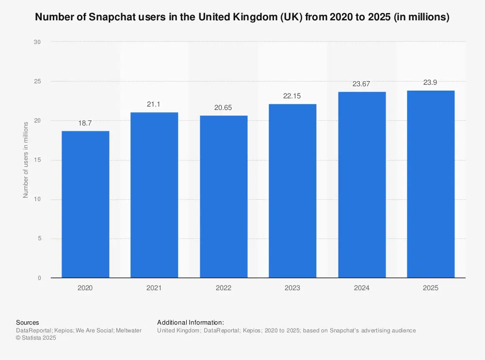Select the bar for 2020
pyautogui.click(x=85, y=204)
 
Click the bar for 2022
pyautogui.click(x=224, y=196)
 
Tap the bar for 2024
pyautogui.click(x=362, y=185)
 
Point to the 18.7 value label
pyautogui.click(x=85, y=124)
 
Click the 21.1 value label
pyautogui.click(x=154, y=105)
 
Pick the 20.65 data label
pyautogui.click(x=224, y=108)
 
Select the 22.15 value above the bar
pyautogui.click(x=292, y=96)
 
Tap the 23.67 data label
pyautogui.click(x=362, y=84)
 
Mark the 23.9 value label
pyautogui.click(x=430, y=83)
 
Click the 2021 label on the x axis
pyautogui.click(x=154, y=288)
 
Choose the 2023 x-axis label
pyautogui.click(x=292, y=288)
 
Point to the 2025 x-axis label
pyautogui.click(x=430, y=288)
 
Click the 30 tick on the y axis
pyautogui.click(x=37, y=42)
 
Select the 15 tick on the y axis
pyautogui.click(x=37, y=160)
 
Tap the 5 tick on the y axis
pyautogui.click(x=39, y=238)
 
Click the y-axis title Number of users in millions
pyautogui.click(x=26, y=160)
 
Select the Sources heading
pyautogui.click(x=28, y=322)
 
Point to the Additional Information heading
pyautogui.click(x=191, y=322)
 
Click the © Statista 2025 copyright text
pyautogui.click(x=36, y=338)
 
